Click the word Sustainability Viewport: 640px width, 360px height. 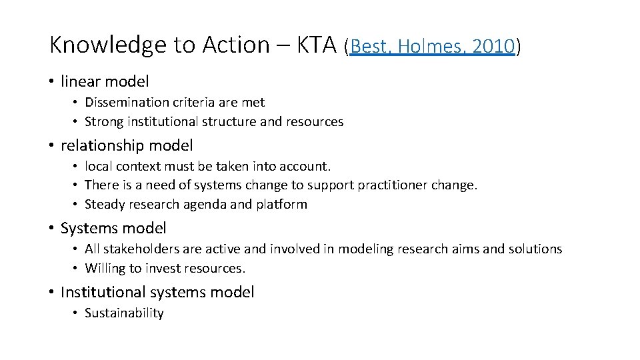(x=124, y=313)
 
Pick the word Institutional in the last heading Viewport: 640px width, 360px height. (x=103, y=292)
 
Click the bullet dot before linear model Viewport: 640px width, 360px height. (x=51, y=81)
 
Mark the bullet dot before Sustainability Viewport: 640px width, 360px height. (x=77, y=313)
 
